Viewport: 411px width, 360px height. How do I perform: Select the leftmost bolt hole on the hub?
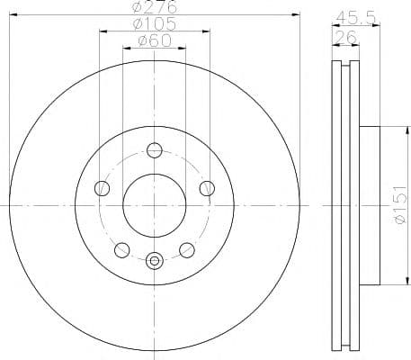102,188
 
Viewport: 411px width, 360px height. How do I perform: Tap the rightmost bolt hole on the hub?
208,188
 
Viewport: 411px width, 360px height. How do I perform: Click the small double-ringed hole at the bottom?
155,262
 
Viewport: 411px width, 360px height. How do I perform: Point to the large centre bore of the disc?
155,203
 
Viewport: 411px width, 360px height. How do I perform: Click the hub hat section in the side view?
371,205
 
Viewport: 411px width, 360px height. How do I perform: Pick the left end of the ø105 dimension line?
100,31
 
